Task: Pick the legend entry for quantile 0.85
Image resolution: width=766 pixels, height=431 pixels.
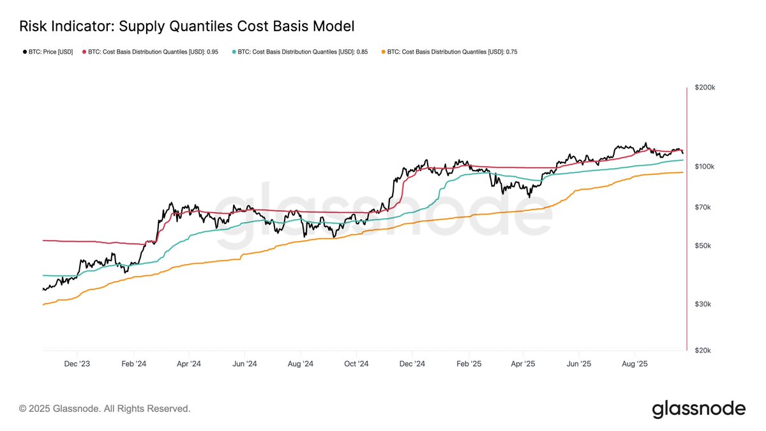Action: point(303,52)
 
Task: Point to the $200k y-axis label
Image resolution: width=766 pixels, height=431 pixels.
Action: point(705,87)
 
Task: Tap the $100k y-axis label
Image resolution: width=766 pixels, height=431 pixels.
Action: point(705,167)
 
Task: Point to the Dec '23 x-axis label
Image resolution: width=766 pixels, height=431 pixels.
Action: point(77,364)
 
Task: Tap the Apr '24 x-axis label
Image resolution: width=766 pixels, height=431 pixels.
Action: point(188,364)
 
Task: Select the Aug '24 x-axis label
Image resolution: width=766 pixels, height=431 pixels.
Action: point(300,364)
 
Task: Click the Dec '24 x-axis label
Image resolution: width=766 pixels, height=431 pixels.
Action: point(412,364)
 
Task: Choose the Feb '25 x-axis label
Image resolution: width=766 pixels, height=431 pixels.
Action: point(468,364)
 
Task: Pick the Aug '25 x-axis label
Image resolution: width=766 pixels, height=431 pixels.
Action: point(635,364)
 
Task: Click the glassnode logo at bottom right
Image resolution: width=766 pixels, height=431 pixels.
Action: point(698,409)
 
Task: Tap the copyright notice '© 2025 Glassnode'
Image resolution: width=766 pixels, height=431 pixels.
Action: point(105,409)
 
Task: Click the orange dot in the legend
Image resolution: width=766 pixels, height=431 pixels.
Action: point(382,52)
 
